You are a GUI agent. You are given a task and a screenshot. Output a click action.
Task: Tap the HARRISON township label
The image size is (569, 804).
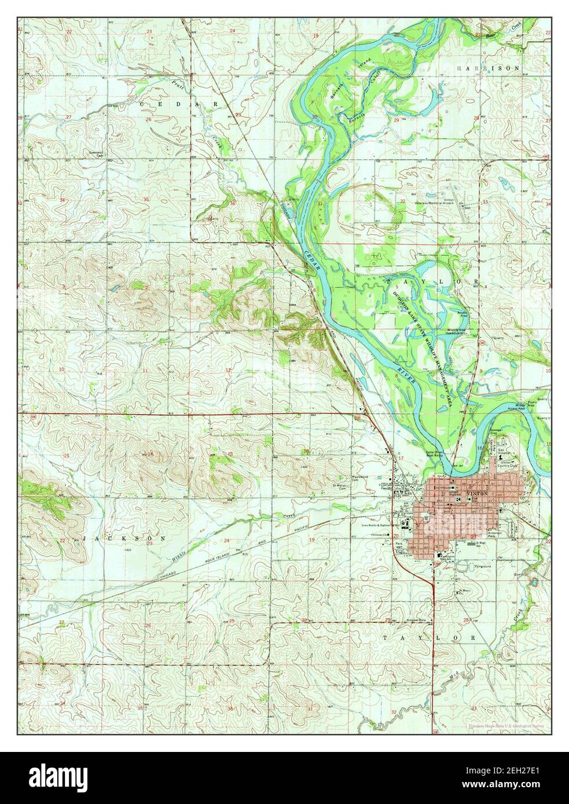[x=488, y=68]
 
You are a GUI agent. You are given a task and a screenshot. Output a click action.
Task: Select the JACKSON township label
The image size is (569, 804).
[x=125, y=538]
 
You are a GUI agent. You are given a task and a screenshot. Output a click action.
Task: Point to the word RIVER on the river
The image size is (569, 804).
[x=407, y=373]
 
